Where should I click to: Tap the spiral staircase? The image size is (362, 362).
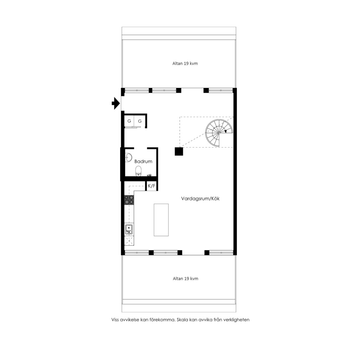point(219,133)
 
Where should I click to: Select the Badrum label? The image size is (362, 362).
point(143,161)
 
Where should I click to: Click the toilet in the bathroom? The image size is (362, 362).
point(138,171)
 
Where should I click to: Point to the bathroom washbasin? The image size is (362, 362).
point(128,158)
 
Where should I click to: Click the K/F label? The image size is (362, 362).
point(152,186)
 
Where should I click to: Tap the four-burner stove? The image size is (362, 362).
point(129,200)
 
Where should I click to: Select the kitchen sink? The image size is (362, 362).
point(129,229)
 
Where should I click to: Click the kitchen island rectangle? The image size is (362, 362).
point(161,220)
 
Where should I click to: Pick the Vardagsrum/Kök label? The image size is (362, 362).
point(200,198)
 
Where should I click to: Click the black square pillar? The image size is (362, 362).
point(179,152)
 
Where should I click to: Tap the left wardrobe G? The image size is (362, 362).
point(129,121)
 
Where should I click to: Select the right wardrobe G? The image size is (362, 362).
point(140,121)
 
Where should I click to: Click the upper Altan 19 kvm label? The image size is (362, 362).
point(185,63)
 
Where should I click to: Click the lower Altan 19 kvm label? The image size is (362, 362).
point(186,279)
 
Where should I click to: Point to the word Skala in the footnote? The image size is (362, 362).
point(182,320)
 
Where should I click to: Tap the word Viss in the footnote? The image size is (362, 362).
point(115,320)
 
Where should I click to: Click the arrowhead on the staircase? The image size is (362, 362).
point(226,131)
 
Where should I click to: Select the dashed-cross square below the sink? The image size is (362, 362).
point(129,241)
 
